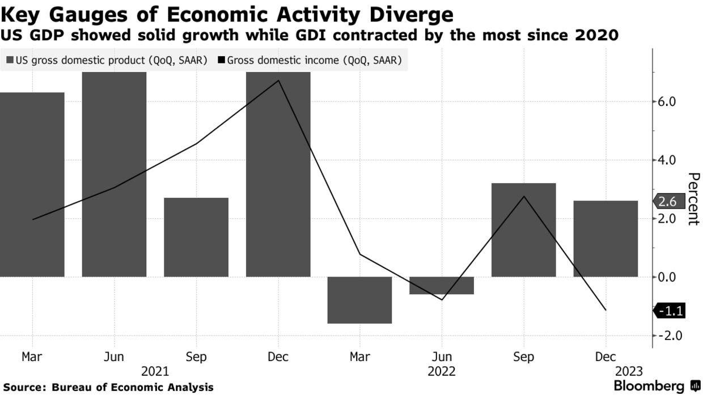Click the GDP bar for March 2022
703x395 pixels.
[359, 300]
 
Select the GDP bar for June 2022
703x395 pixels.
[441, 286]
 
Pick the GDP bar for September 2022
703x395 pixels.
[523, 230]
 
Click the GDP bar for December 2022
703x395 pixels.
[605, 239]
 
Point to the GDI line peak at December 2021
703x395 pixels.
[278, 80]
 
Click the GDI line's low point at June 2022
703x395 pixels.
[442, 299]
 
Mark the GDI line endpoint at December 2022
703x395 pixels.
[605, 310]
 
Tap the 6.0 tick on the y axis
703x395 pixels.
[667, 102]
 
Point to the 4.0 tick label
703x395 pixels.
[667, 160]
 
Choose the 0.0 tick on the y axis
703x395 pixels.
[667, 277]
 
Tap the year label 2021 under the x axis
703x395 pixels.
[155, 372]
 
